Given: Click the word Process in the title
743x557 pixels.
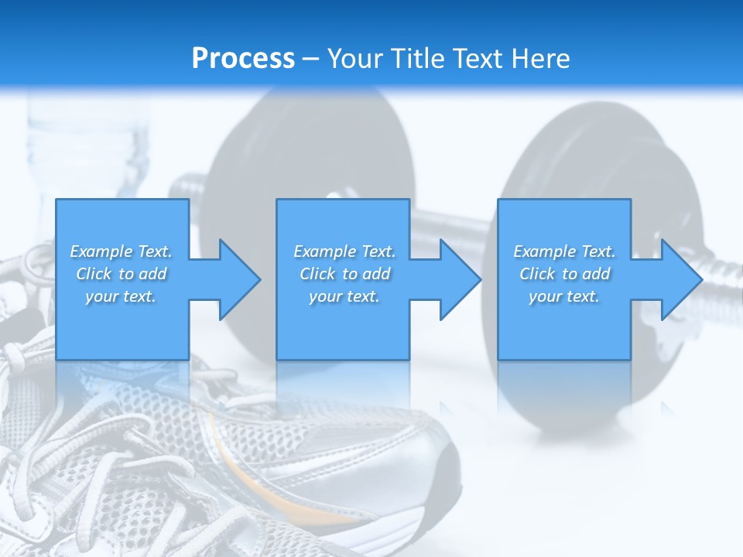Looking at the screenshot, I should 243,59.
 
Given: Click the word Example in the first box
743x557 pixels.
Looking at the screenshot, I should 101,251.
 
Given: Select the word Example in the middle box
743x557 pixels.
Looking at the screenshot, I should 324,251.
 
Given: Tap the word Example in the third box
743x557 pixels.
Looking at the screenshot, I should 544,251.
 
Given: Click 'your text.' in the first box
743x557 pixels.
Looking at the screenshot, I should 121,296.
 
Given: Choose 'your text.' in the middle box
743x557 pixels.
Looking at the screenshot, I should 344,296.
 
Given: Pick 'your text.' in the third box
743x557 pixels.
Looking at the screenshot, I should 564,296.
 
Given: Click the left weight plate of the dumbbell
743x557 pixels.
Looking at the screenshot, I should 310,155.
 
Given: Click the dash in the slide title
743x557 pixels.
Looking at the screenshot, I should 311,59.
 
